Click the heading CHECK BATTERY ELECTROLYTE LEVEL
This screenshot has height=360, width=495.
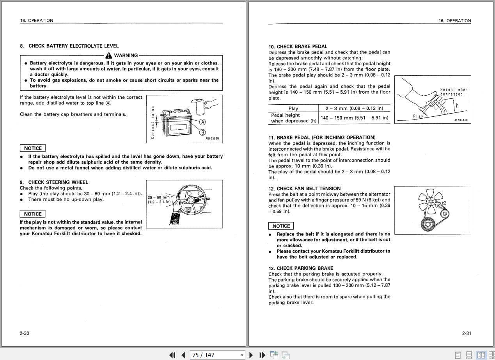[73, 46]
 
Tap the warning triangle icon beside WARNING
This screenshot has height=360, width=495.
[109, 55]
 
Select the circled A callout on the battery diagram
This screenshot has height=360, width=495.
[202, 122]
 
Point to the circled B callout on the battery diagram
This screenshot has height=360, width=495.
[202, 132]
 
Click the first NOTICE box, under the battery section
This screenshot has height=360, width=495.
[33, 148]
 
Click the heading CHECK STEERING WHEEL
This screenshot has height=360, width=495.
[58, 182]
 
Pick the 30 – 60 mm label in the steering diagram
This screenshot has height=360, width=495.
[158, 197]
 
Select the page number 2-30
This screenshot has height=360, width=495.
[24, 333]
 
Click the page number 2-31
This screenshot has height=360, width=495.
[467, 333]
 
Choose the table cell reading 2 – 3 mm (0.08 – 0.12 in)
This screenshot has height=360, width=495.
[354, 108]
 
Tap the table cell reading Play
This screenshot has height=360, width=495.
[293, 109]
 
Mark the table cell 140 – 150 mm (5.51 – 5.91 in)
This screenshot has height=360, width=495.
[354, 118]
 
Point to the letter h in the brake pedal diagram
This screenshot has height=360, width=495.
[457, 106]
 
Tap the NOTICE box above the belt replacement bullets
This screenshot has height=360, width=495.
[281, 226]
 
